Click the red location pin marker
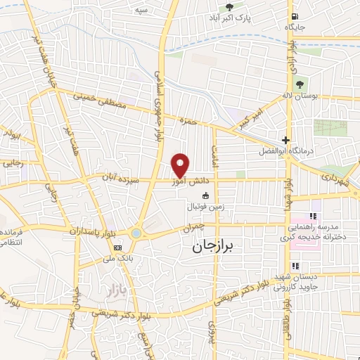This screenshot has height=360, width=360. click(181, 165)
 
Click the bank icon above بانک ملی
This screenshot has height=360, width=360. click(118, 247)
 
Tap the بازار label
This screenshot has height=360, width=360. click(114, 290)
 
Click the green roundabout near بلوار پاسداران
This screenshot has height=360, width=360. click(136, 233)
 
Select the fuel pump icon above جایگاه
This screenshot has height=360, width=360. click(293, 17)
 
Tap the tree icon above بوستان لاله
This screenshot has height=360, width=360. click(300, 84)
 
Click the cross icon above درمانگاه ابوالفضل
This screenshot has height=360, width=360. click(285, 140)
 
